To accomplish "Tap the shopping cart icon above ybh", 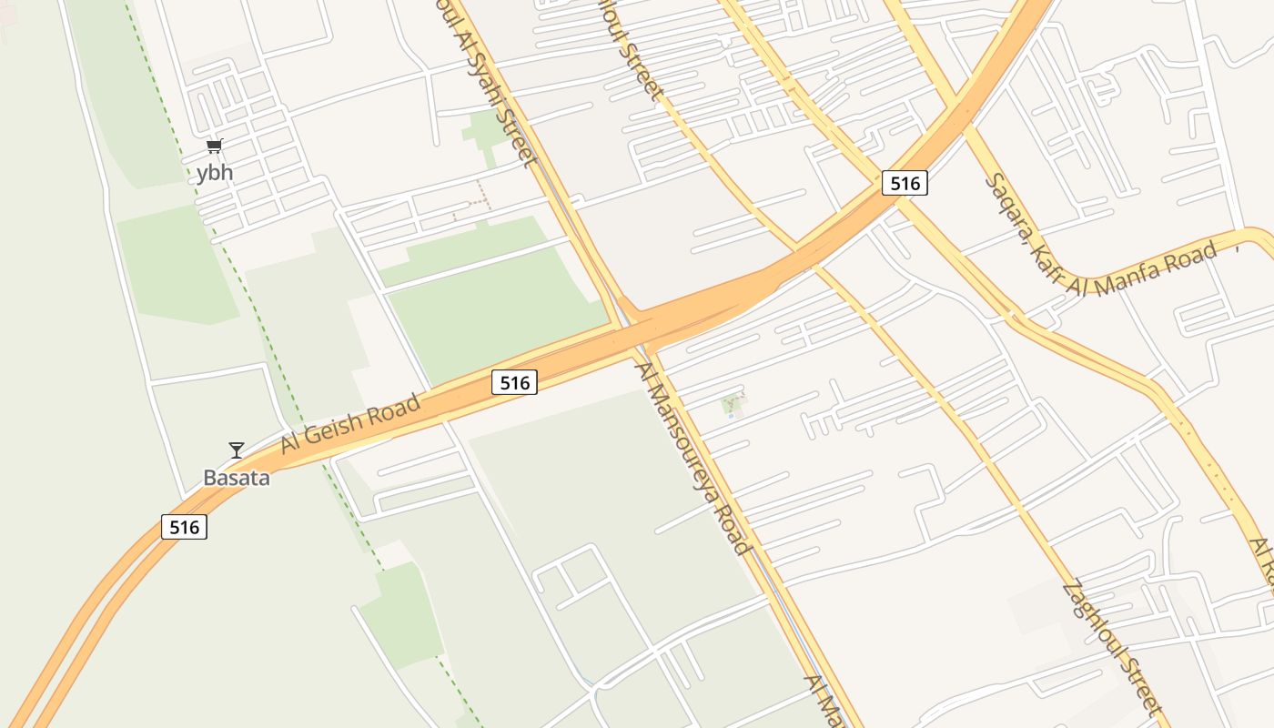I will coord(214,146).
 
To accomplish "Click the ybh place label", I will coord(214,173).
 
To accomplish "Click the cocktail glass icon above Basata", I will coord(237,450).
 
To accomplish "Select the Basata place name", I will coord(237,477).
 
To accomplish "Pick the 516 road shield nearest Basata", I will coord(184,526).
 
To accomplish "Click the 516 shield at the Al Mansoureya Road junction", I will coord(515,382).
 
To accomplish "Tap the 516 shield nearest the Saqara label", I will coord(904,183).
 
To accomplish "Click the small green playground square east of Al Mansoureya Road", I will coord(733,405).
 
